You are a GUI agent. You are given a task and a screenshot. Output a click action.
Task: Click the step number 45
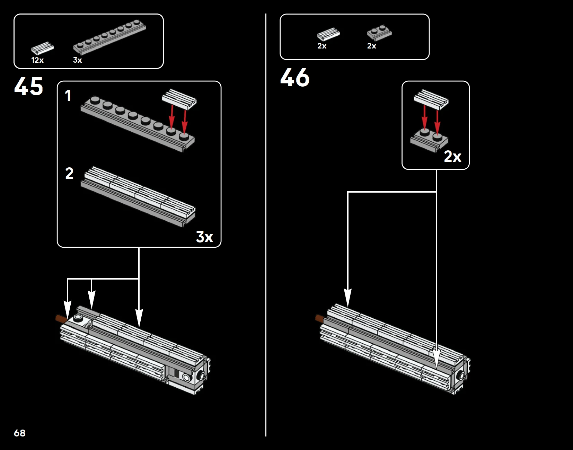(x=29, y=86)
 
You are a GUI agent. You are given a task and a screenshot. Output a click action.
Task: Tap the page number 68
(x=20, y=433)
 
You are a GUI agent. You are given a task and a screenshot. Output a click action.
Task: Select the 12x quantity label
(x=37, y=60)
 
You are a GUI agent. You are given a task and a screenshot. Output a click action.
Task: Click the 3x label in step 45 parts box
(x=78, y=60)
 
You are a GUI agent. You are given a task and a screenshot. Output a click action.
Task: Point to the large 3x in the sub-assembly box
(x=204, y=237)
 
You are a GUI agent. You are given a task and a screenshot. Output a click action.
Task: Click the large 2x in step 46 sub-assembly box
(x=452, y=157)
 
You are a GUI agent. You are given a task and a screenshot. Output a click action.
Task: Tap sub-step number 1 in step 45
(x=68, y=96)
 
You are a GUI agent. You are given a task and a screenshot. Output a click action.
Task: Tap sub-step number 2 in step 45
(x=69, y=174)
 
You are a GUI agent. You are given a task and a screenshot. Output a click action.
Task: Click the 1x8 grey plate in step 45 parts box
(x=109, y=38)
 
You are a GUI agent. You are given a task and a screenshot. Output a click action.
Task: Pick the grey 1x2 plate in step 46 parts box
(x=379, y=33)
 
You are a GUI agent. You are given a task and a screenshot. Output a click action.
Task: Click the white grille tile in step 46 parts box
(x=328, y=34)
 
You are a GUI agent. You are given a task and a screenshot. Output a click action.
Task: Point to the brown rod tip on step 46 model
(x=320, y=318)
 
